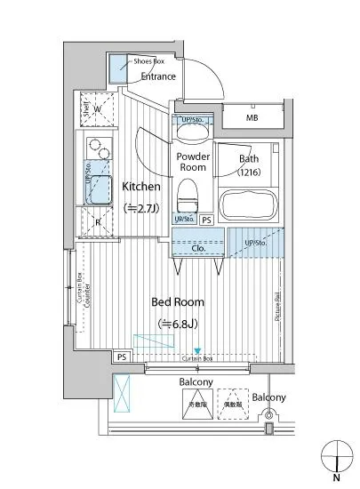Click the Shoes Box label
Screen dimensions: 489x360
click(148, 60)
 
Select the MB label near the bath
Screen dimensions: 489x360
click(252, 118)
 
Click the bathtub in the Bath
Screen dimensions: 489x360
click(248, 203)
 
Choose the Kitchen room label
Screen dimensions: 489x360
click(140, 187)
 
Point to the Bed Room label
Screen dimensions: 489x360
click(174, 302)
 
